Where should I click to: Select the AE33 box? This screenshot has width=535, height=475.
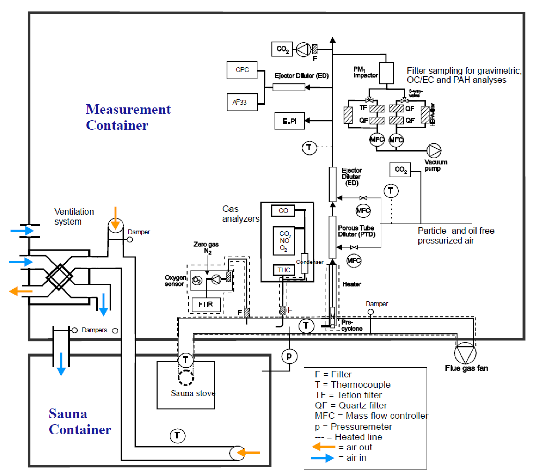(242, 102)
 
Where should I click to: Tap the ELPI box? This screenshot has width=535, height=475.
(289, 121)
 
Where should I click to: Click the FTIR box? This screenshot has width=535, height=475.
(206, 305)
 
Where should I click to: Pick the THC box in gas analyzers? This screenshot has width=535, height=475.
(284, 270)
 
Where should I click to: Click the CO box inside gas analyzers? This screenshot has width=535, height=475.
(283, 211)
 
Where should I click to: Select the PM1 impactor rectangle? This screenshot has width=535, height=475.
(386, 73)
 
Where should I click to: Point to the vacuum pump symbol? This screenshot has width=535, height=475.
(434, 150)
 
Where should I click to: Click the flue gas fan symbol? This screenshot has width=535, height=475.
(465, 353)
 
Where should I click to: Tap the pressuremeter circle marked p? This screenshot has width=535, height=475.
(289, 356)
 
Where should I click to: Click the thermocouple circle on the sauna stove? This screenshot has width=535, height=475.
(186, 360)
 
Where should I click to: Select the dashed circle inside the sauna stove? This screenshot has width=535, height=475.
(186, 378)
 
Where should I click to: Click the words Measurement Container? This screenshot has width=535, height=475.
(128, 117)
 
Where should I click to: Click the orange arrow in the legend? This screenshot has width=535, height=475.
(323, 447)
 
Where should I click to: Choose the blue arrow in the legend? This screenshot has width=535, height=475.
(322, 458)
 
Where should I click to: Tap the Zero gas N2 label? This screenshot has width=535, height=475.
(206, 247)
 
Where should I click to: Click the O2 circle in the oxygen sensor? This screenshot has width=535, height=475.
(197, 281)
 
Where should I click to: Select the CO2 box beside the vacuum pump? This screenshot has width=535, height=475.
(400, 170)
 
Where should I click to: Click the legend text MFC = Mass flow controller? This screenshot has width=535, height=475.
(371, 416)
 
